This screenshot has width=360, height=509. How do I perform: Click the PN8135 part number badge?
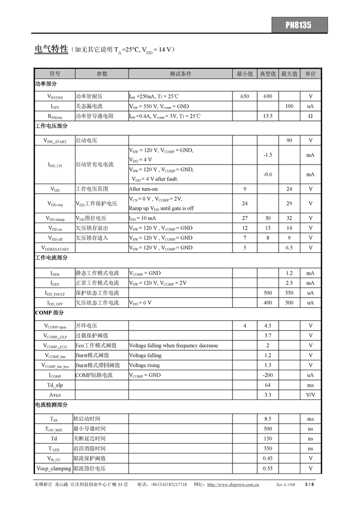click(x=299, y=25)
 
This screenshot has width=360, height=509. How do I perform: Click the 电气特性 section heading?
click(x=51, y=49)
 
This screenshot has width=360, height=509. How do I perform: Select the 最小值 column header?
click(x=244, y=74)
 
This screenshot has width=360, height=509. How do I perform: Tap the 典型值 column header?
click(x=267, y=74)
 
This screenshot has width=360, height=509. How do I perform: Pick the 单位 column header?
click(x=310, y=74)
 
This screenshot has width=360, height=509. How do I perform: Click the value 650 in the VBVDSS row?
click(x=244, y=97)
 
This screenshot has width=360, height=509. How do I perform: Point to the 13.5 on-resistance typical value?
click(x=267, y=116)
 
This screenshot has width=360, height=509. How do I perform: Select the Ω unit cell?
click(x=310, y=116)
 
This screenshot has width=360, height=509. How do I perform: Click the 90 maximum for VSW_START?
click(x=289, y=140)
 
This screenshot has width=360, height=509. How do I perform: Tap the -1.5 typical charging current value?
click(x=267, y=155)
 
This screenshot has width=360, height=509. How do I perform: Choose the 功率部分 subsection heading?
click(x=46, y=84)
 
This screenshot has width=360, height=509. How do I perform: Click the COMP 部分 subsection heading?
click(x=49, y=313)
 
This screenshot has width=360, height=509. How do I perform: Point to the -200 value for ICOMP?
click(x=267, y=375)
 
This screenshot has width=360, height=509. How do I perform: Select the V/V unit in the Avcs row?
click(x=310, y=395)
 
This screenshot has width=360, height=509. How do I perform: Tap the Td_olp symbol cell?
click(x=55, y=385)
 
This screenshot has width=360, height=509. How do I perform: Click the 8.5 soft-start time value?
click(x=267, y=420)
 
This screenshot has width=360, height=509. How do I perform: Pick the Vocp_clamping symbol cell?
click(x=53, y=468)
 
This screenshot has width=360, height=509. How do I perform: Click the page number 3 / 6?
click(x=309, y=484)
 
